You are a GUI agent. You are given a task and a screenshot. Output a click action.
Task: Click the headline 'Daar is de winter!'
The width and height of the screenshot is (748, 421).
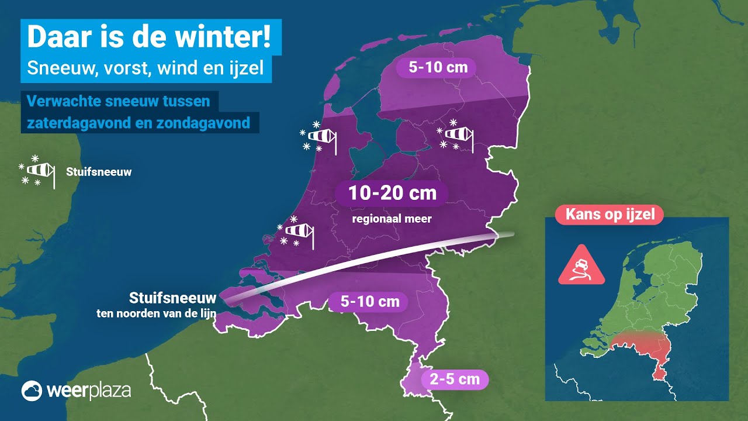tap(149, 37)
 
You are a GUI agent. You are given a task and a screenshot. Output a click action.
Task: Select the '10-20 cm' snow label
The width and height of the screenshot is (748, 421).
tap(392, 193)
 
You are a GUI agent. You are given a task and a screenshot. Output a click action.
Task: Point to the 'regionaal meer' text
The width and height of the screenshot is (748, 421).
tap(392, 219)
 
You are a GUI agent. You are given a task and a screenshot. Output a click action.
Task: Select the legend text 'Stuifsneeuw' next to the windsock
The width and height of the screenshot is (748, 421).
tap(99, 172)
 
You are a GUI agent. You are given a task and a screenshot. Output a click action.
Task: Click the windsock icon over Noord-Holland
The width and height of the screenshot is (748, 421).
tap(321, 137)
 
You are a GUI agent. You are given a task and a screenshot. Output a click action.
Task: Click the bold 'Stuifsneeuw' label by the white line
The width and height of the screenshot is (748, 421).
tap(173, 298)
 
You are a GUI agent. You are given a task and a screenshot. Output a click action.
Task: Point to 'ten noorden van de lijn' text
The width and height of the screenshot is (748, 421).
tap(157, 313)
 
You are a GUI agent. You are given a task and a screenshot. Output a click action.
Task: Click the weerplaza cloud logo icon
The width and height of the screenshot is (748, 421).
tap(32, 391)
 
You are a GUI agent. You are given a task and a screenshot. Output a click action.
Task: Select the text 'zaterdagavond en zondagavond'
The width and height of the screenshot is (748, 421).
tap(139, 123)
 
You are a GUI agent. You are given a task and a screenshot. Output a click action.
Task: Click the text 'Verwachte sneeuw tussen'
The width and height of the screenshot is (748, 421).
tap(119, 101)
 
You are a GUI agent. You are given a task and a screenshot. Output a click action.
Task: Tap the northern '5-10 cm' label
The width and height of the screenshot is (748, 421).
tap(438, 67)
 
